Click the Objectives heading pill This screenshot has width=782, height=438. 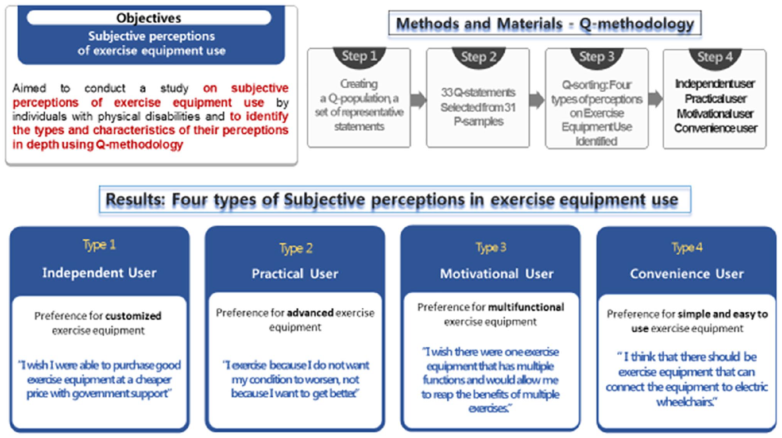click(149, 18)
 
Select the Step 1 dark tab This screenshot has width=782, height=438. click(359, 57)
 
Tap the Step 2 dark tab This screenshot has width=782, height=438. click(478, 57)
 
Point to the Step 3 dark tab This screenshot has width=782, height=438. click(597, 57)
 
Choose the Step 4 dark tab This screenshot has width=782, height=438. click(715, 58)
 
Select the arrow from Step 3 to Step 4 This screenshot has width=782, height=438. click(656, 99)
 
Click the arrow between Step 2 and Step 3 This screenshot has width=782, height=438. click(537, 100)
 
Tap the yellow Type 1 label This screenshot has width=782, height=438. click(99, 245)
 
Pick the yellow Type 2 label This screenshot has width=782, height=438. click(296, 248)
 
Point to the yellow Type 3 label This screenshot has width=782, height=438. click(491, 248)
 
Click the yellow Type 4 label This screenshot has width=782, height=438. click(687, 248)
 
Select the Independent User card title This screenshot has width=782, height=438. click(99, 273)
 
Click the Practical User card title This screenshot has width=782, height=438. click(295, 273)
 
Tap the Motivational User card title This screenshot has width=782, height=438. click(497, 273)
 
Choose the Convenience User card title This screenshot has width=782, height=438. click(687, 273)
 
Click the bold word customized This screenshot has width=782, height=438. click(134, 316)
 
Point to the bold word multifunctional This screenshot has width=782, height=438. click(526, 307)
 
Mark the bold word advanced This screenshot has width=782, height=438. click(310, 313)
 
